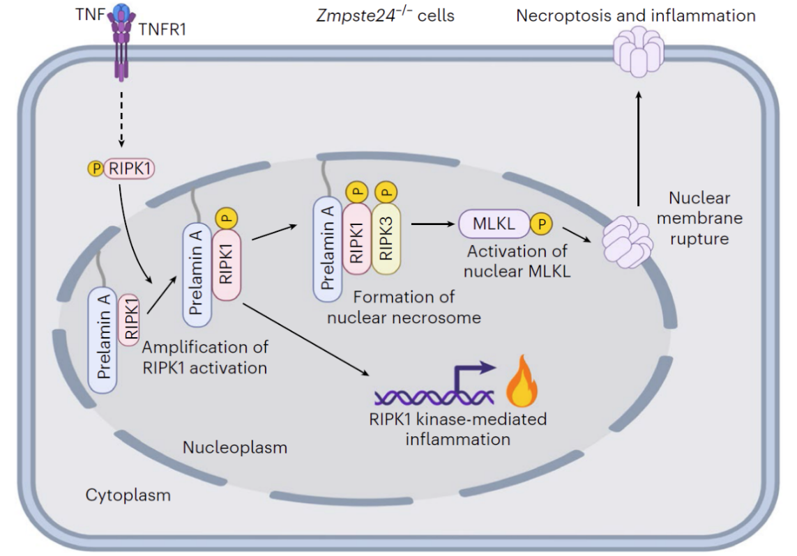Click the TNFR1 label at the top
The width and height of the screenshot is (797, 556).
(x=162, y=29)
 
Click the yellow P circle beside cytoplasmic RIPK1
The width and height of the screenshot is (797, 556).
(x=94, y=168)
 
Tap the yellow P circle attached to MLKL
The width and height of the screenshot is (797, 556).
(x=541, y=224)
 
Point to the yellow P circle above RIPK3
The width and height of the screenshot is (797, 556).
(x=386, y=190)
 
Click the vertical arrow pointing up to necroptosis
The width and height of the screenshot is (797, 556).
(x=637, y=150)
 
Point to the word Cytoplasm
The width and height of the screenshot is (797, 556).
(x=128, y=495)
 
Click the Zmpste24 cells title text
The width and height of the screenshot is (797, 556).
(x=384, y=15)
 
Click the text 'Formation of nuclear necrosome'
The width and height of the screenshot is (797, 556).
(x=417, y=307)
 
